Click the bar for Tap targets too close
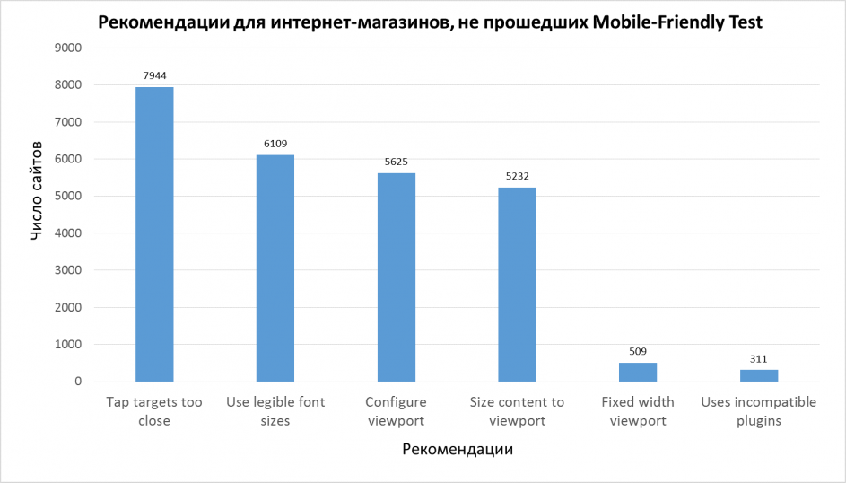[154, 234]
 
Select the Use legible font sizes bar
[275, 268]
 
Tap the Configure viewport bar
[397, 277]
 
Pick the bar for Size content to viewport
[517, 285]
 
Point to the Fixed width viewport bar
[638, 372]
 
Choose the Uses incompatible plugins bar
[759, 375]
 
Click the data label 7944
[154, 76]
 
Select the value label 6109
[275, 144]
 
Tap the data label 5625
[397, 162]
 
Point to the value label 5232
[517, 176]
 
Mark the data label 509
[638, 351]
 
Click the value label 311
[759, 358]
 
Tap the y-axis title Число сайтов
[37, 189]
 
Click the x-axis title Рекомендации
[458, 450]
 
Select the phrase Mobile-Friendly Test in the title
[677, 22]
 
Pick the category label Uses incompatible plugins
[759, 411]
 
